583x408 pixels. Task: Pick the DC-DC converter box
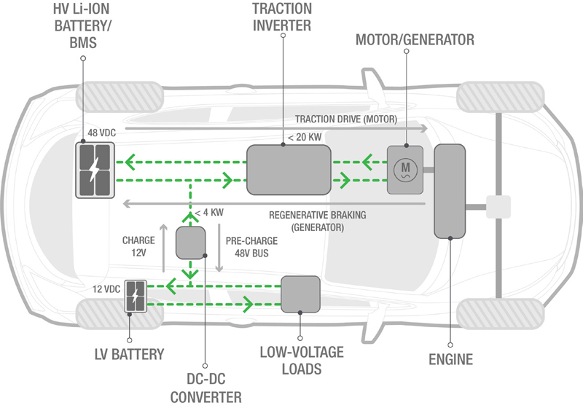click(192, 243)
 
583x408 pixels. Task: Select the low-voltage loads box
click(300, 294)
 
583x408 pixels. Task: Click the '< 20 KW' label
click(305, 136)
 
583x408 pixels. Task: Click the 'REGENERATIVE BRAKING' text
click(317, 215)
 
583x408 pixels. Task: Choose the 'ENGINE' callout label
click(450, 359)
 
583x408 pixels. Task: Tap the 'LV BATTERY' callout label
click(129, 354)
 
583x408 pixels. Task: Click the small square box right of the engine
click(499, 208)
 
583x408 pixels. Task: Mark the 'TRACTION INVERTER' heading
click(282, 17)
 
